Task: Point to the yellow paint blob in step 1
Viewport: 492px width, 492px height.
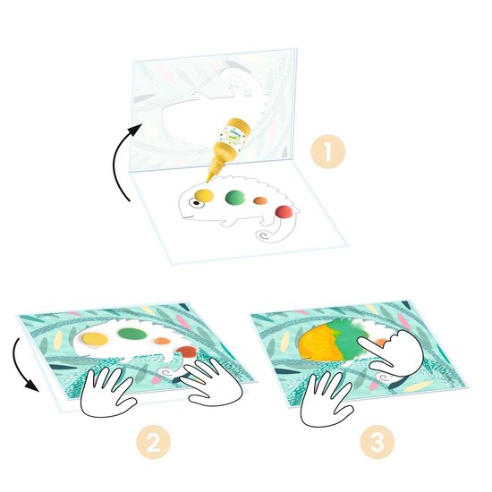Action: click(x=203, y=195)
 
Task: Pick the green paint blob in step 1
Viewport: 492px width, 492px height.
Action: click(x=236, y=198)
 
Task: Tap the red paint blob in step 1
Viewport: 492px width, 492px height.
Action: click(x=284, y=212)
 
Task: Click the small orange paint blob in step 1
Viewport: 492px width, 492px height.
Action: click(x=260, y=202)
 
